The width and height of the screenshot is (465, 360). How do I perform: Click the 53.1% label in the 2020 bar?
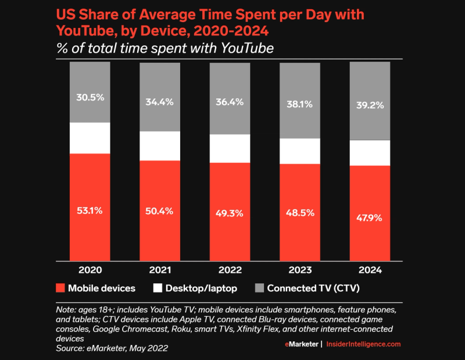(x=90, y=211)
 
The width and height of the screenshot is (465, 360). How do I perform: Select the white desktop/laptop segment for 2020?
(x=90, y=138)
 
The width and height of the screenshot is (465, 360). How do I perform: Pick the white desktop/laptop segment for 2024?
(x=369, y=153)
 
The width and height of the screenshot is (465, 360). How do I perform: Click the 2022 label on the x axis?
(x=230, y=271)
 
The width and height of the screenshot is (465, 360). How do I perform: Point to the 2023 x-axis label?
(x=299, y=271)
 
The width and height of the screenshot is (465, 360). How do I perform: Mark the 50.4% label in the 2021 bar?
(x=159, y=211)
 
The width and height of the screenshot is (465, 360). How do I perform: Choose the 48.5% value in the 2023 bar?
(x=299, y=213)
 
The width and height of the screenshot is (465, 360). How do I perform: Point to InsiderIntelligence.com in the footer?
(x=363, y=344)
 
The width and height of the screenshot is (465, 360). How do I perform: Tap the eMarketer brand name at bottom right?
(x=302, y=344)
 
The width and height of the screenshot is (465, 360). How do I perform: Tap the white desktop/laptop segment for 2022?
(x=230, y=148)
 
